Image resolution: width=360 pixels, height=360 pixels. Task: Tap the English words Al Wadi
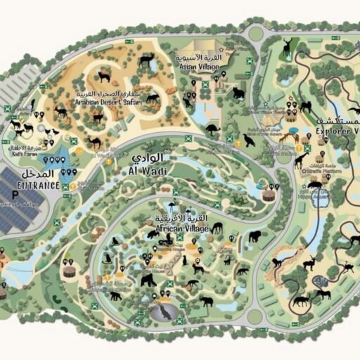coord(147,171)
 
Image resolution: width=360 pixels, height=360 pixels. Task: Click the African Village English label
coord(180,229)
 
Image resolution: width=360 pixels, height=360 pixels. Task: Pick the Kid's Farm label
coord(27,153)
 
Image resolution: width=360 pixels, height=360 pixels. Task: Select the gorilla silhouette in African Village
coord(148,281)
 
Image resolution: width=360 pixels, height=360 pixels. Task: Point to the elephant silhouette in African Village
coord(254,237)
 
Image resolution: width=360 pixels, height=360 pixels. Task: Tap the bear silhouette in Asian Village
coord(238,92)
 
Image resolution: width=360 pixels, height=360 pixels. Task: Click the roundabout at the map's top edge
coord(255,32)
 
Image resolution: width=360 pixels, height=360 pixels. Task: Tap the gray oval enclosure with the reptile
coord(166,311)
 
